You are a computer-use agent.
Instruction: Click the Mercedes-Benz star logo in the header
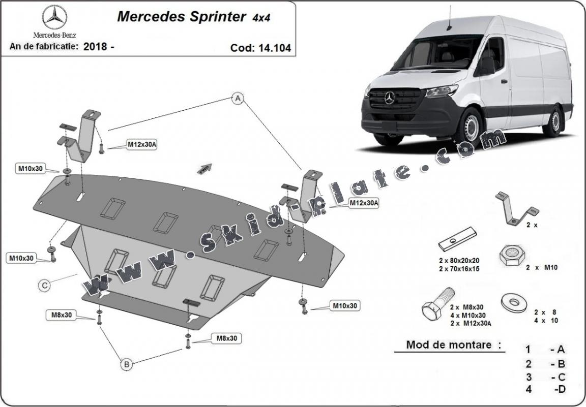coord(54,18)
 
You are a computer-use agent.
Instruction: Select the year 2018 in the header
coord(94,46)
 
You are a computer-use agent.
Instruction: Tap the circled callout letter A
coord(237,99)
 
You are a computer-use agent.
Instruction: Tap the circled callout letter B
coord(126,363)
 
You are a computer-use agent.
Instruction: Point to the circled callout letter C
coord(45,286)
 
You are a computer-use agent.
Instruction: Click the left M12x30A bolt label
coord(142,145)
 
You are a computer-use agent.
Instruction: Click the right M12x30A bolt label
coord(364,203)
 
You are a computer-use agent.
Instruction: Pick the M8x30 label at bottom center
coord(227,338)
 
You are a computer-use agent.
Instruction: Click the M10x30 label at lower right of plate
coord(345,306)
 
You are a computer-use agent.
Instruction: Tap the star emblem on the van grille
coord(390,98)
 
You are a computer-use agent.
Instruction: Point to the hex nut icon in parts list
coord(511,253)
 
